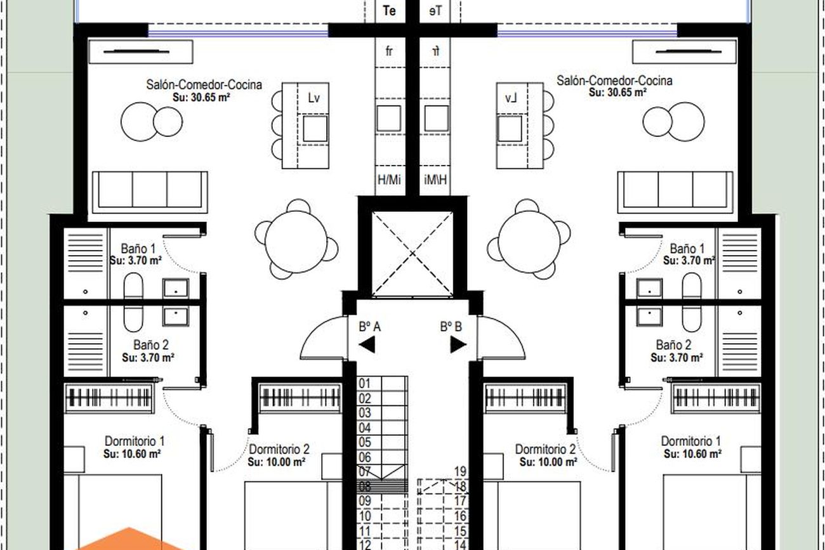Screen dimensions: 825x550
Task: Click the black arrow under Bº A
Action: coord(369,345)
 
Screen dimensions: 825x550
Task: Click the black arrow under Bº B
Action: coord(458,345)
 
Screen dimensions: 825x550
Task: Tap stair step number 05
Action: coord(365,442)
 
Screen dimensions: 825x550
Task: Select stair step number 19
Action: coord(460,471)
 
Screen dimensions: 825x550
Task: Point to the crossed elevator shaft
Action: coord(412,254)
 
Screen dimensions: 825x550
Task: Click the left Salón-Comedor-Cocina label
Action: coord(204,84)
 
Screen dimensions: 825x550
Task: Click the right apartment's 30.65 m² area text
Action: coord(617,93)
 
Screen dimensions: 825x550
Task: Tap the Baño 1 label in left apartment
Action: coord(138,249)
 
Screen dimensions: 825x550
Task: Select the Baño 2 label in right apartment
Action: coord(673,345)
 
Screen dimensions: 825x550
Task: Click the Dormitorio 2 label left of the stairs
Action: coord(279,449)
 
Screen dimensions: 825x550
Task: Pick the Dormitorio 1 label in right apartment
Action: coord(690,441)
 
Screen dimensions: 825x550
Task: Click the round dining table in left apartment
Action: coord(296,242)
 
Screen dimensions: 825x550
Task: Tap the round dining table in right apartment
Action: coord(529,242)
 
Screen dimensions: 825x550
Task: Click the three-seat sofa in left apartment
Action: coord(150,192)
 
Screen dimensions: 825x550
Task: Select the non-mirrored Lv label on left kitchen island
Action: coord(313,98)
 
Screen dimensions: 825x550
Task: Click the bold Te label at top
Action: coord(389,11)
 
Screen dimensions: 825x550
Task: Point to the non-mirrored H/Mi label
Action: coord(389,180)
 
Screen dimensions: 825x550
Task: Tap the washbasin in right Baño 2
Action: coord(649,317)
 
